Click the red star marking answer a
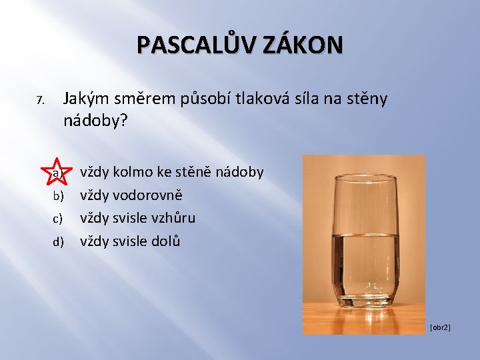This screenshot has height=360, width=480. [58, 173]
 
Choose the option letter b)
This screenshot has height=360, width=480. [58, 196]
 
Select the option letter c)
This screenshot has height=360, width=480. [58, 218]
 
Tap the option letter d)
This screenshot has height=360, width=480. [58, 241]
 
